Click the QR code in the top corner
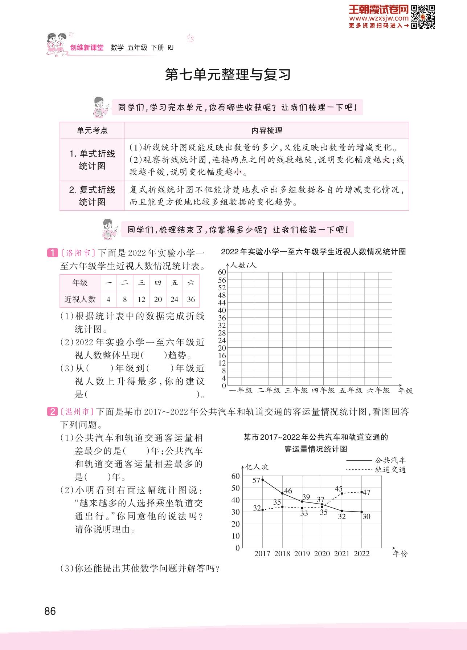pos(423,16)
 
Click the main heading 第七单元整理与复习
pos(228,75)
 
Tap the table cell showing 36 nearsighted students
pos(191,299)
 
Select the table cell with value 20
pos(158,299)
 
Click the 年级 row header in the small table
pos(80,283)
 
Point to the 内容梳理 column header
pos(267,130)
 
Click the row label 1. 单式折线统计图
pos(92,160)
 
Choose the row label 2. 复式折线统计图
pos(92,196)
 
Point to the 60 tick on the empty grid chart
pos(222,272)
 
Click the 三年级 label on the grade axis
pos(296,391)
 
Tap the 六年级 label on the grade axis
pos(378,391)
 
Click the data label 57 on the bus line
pos(256,480)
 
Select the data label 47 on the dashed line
pos(366,492)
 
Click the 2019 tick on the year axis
pos(302,554)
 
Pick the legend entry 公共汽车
pos(390,460)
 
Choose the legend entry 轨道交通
pos(390,470)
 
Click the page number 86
pos(50,611)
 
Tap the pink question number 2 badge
pos(53,412)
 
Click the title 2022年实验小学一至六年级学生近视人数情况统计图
pos(313,251)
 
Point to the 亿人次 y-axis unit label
pos(257,467)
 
